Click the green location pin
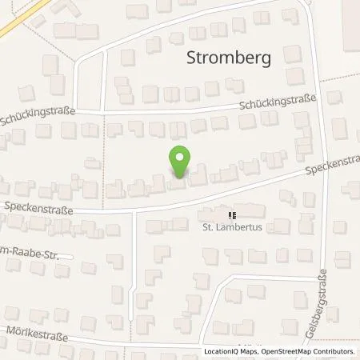click(180, 160)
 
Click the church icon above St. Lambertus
click(232, 215)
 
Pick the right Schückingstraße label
click(279, 103)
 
